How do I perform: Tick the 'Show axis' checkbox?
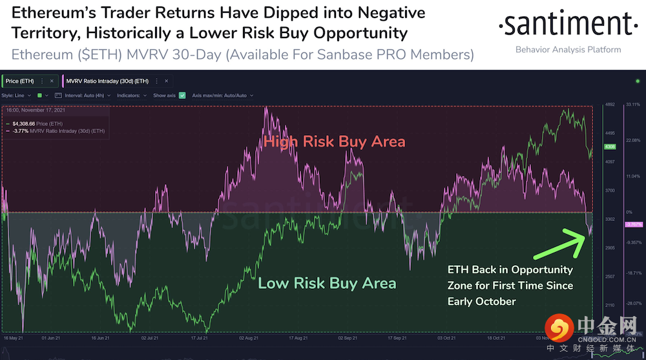182,95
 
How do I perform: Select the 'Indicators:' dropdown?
131,95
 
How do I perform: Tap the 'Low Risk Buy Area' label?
327,283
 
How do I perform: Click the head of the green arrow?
590,232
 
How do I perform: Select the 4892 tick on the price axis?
610,105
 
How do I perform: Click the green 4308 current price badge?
609,147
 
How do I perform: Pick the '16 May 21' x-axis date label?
14,337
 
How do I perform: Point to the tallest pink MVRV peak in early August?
266,109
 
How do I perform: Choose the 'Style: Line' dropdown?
16,95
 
